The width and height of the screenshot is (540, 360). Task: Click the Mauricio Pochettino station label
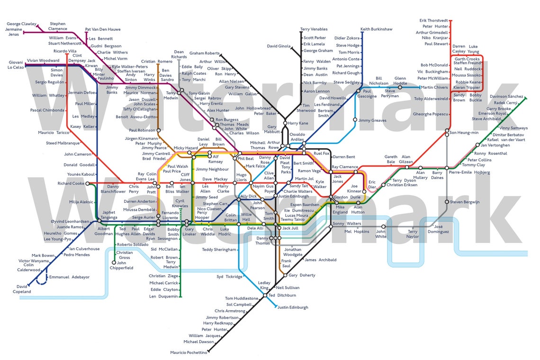(189, 352)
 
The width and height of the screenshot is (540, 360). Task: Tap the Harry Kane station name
(298, 124)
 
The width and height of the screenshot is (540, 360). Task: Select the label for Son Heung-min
(464, 133)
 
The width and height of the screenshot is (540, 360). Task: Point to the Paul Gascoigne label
(367, 93)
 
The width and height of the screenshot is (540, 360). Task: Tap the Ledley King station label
(264, 285)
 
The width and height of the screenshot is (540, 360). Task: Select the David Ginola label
(279, 46)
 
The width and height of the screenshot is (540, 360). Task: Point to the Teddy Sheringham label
(219, 250)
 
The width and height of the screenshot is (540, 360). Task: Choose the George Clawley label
(21, 24)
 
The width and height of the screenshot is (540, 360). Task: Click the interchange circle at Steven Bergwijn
(447, 202)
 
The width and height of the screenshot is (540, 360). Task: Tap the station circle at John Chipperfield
(114, 262)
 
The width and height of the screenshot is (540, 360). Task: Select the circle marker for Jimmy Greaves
(355, 120)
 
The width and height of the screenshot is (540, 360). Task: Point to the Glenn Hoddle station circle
(400, 87)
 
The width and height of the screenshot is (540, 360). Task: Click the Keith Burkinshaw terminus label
(376, 29)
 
